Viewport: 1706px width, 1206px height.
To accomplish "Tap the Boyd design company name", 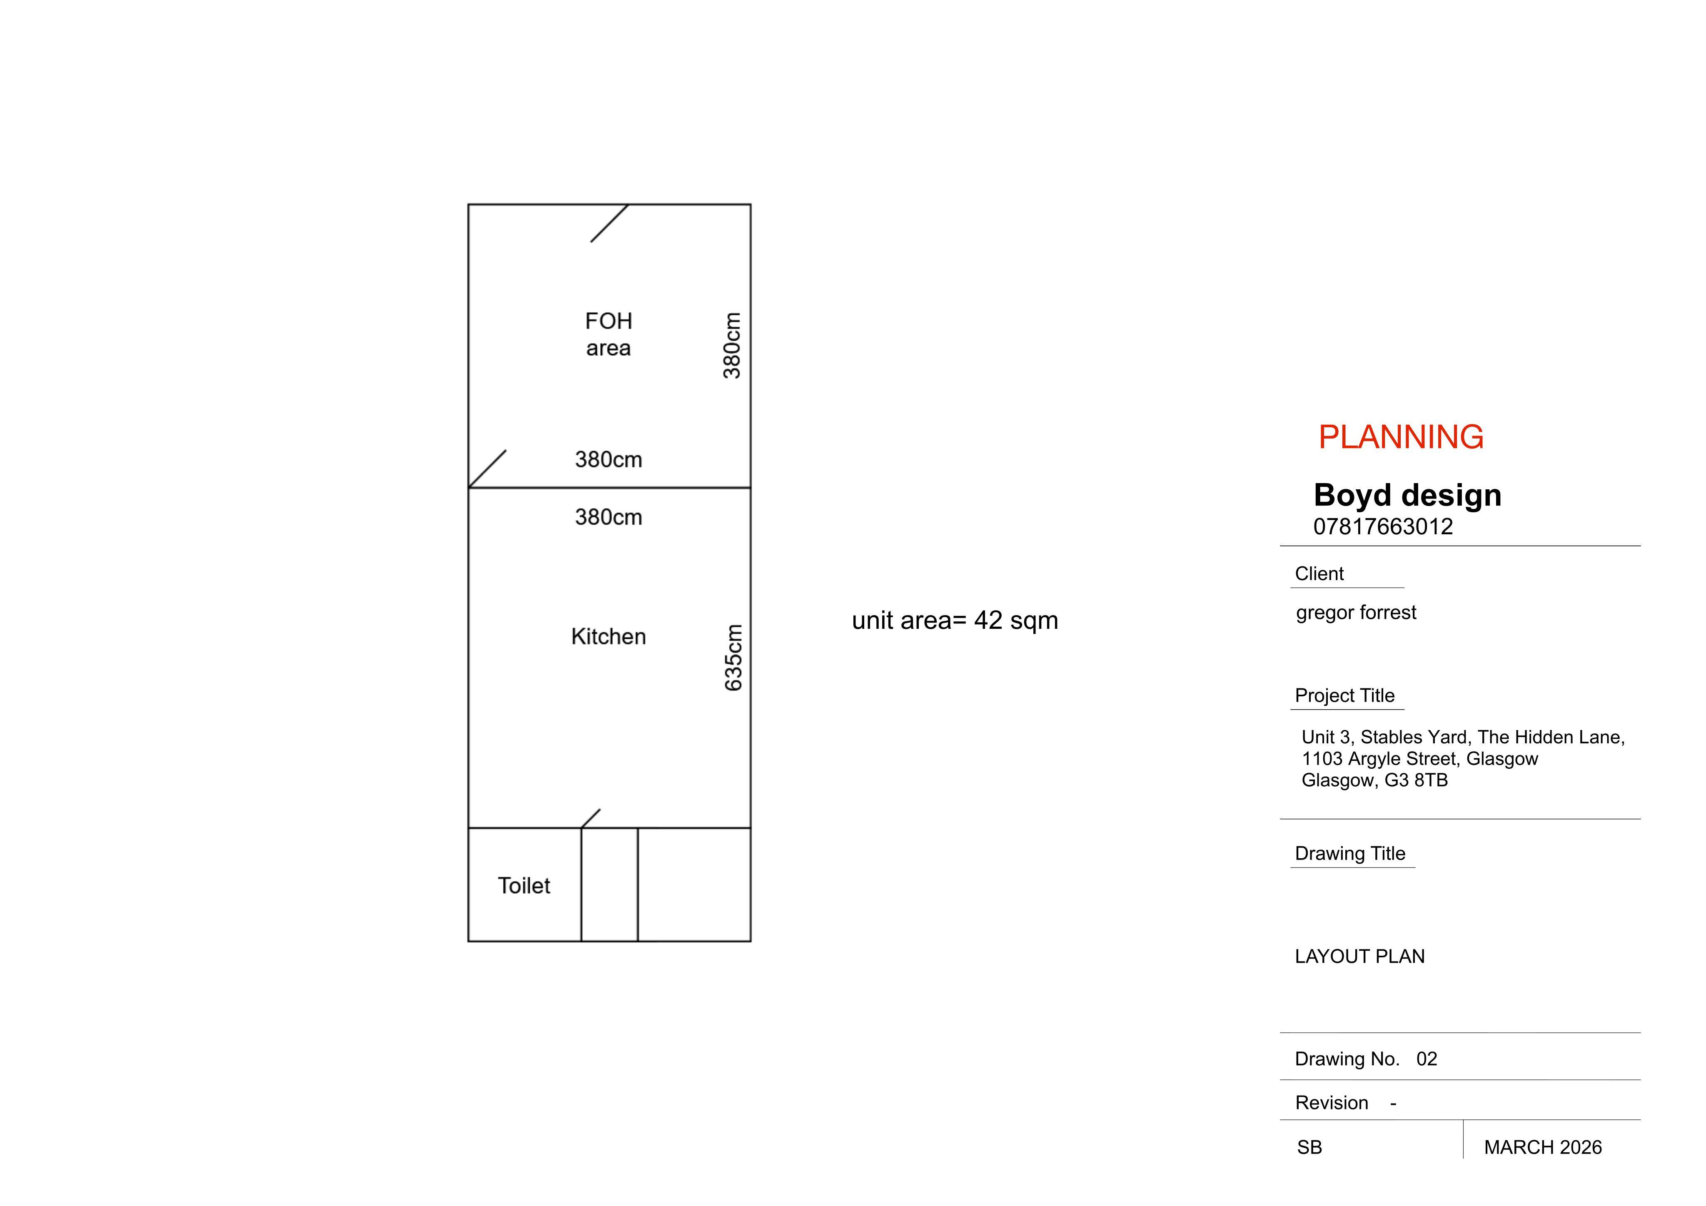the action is pyautogui.click(x=1407, y=495).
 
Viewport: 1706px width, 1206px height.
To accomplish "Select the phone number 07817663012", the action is pyautogui.click(x=1383, y=527).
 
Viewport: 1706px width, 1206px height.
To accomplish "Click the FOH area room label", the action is pyautogui.click(x=609, y=334).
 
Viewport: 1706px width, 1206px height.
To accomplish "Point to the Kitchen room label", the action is pyautogui.click(x=609, y=637).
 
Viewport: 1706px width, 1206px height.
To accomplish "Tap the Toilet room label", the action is pyautogui.click(x=524, y=886).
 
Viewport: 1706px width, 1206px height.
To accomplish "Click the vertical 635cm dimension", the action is pyautogui.click(x=733, y=658).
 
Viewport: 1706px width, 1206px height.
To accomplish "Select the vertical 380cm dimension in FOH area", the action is pyautogui.click(x=732, y=346).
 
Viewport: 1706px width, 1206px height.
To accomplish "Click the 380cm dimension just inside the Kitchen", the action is pyautogui.click(x=609, y=517).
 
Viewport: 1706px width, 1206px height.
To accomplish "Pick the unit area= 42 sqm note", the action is pyautogui.click(x=955, y=620).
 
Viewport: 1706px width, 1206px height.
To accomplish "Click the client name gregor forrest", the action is pyautogui.click(x=1356, y=612).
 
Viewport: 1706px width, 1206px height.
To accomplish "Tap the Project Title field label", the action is pyautogui.click(x=1345, y=695).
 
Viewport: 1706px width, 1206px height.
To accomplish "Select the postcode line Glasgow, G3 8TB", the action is pyautogui.click(x=1374, y=780).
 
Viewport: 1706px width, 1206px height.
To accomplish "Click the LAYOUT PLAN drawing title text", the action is pyautogui.click(x=1360, y=956).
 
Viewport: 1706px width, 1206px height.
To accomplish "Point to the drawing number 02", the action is pyautogui.click(x=1427, y=1059).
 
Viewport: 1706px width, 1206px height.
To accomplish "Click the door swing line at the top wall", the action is pyautogui.click(x=609, y=223).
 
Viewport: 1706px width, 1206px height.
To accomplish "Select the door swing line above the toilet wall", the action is pyautogui.click(x=591, y=819).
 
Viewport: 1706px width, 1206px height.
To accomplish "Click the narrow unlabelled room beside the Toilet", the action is pyautogui.click(x=609, y=884).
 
